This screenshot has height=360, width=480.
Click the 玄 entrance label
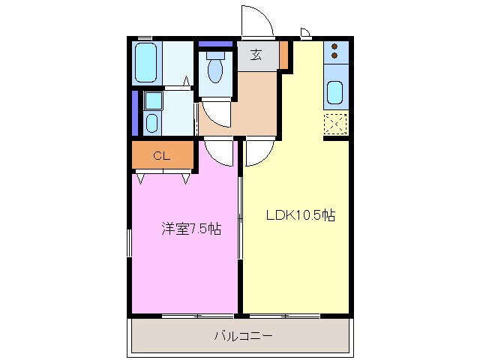[x=256, y=55]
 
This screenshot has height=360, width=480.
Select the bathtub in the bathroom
[x=146, y=63]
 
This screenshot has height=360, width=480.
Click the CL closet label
[x=161, y=156]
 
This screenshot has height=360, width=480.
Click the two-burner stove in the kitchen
[x=335, y=52]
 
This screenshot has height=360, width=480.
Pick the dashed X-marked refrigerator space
[x=335, y=124]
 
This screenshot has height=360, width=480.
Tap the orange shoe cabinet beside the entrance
[x=284, y=54]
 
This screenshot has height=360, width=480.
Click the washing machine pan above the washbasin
[x=153, y=100]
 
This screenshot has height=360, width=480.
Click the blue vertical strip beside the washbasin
[x=135, y=112]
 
